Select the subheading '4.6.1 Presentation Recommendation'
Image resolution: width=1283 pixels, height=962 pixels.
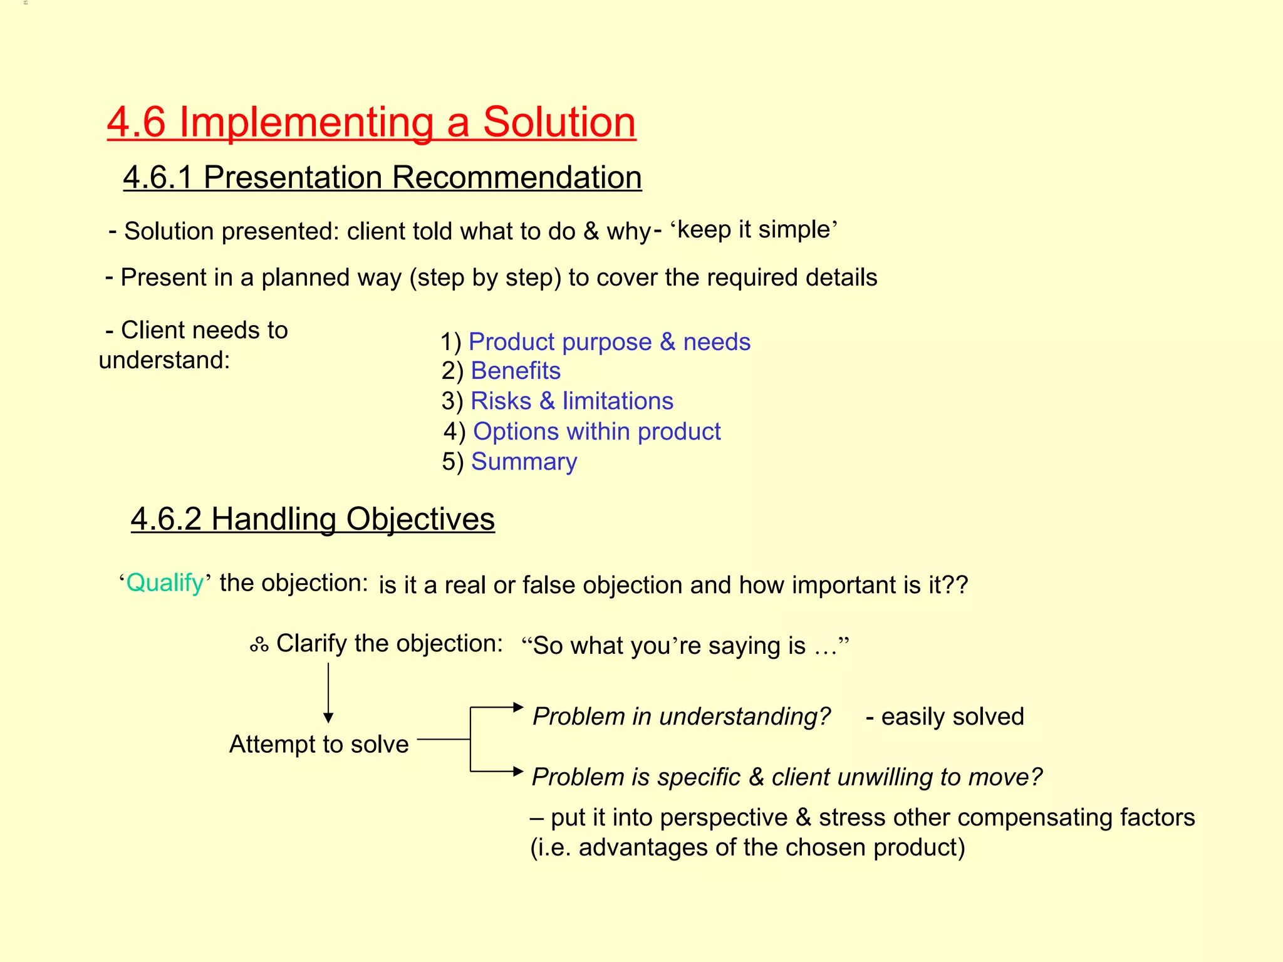click(x=382, y=177)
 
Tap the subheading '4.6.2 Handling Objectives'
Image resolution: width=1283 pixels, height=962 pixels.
click(x=313, y=519)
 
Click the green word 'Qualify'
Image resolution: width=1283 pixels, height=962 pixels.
click(x=165, y=583)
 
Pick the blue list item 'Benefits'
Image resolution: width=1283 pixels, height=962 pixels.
click(x=515, y=371)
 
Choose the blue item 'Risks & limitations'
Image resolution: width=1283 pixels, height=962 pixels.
click(x=571, y=401)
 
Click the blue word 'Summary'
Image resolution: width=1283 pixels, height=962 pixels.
click(x=524, y=462)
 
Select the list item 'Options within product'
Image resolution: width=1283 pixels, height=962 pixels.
click(x=596, y=432)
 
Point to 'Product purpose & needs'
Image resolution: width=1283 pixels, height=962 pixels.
click(x=609, y=342)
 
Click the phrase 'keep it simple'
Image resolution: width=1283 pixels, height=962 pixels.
click(x=754, y=229)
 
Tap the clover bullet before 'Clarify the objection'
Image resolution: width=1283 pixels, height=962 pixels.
click(x=259, y=644)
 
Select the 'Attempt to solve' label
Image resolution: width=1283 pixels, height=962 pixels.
click(x=319, y=745)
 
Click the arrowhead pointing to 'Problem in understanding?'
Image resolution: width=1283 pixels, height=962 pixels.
click(x=517, y=707)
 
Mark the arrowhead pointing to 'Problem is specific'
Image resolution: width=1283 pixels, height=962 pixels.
click(x=517, y=771)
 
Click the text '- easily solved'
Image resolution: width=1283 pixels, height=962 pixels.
click(x=945, y=716)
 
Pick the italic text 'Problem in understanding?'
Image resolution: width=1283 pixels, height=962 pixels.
click(x=681, y=716)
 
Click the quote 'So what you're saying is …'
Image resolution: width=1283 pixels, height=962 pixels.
click(x=685, y=646)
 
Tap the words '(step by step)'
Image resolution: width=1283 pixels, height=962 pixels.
click(x=486, y=277)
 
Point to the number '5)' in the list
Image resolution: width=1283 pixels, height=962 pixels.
click(x=452, y=462)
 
